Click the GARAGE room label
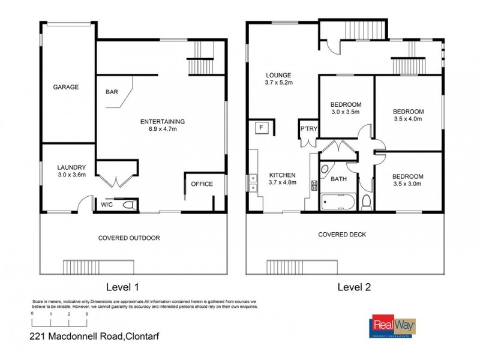pyautogui.click(x=66, y=87)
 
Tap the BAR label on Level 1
pyautogui.click(x=112, y=92)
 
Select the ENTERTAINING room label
pyautogui.click(x=162, y=122)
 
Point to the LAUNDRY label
pyautogui.click(x=72, y=167)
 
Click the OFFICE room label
pyautogui.click(x=202, y=184)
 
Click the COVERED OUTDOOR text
pyautogui.click(x=129, y=238)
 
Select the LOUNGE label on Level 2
pyautogui.click(x=279, y=76)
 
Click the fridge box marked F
pyautogui.click(x=261, y=127)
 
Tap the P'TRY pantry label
pyautogui.click(x=308, y=130)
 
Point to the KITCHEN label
pyautogui.click(x=282, y=175)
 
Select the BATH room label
pyautogui.click(x=339, y=179)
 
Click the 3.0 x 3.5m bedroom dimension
pyautogui.click(x=345, y=112)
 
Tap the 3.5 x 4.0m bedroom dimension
pyautogui.click(x=408, y=119)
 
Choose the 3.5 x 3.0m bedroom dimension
pyautogui.click(x=408, y=184)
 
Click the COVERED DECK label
pyautogui.click(x=342, y=235)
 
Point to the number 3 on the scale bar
pyautogui.click(x=87, y=314)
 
